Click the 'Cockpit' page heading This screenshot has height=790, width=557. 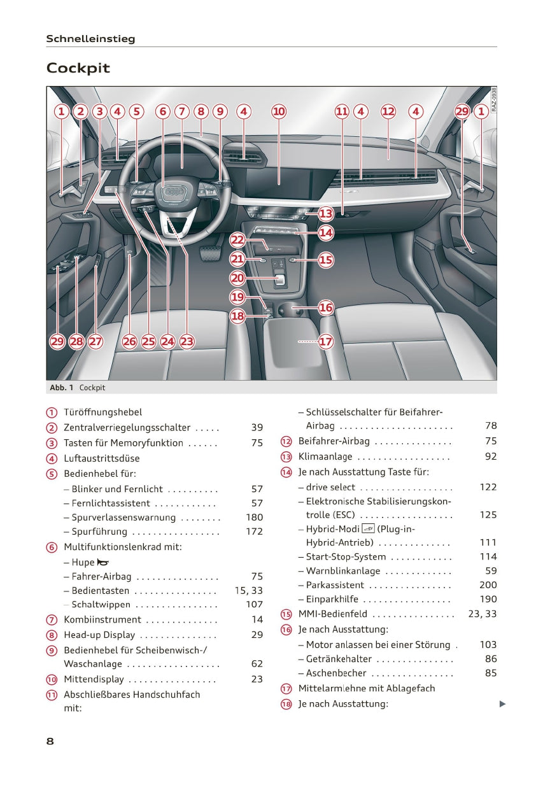point(78,68)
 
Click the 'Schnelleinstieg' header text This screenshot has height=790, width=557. point(90,39)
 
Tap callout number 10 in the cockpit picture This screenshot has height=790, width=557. point(279,111)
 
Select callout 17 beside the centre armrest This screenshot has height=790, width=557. point(326,342)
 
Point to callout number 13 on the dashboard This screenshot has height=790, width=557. point(326,213)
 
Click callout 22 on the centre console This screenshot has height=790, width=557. point(237,240)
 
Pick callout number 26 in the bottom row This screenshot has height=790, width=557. point(129,342)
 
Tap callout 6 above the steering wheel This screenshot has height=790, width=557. point(163,111)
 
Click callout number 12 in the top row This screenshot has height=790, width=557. point(388,111)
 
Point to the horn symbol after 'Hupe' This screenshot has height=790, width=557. point(102,563)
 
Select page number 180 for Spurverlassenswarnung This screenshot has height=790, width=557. point(254,518)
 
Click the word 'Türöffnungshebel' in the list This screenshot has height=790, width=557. point(102,413)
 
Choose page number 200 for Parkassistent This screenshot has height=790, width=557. point(488,585)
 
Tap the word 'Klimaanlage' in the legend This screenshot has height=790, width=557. point(325,456)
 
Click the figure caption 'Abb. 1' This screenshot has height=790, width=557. point(61,388)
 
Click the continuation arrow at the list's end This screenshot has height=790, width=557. point(502,703)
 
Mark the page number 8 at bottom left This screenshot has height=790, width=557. point(50,741)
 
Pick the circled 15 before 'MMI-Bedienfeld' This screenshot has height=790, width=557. point(286,614)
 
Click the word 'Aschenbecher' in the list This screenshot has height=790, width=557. point(336,673)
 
